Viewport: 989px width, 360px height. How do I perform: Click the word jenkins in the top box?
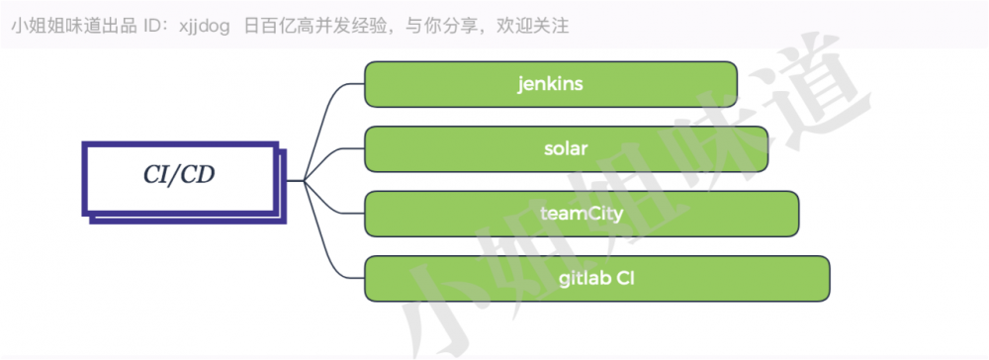550,84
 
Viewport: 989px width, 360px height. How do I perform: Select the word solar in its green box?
566,149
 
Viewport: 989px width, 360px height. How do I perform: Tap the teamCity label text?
581,214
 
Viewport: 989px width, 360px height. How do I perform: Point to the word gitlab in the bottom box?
584,279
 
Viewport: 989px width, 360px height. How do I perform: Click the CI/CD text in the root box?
179,174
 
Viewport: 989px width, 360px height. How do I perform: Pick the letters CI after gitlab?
626,279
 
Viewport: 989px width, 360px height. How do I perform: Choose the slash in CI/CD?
179,174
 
